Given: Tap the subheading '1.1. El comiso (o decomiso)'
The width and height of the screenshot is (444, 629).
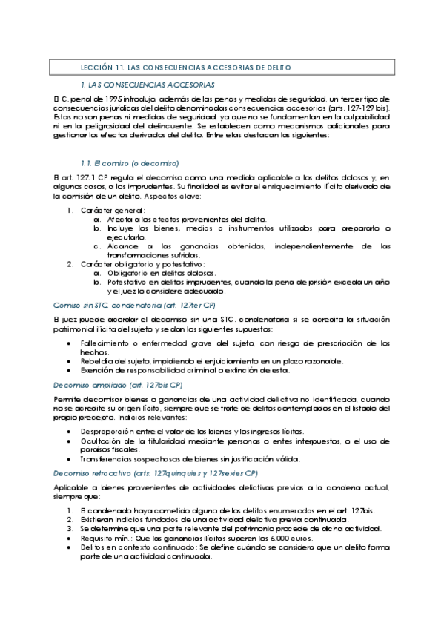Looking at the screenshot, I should coord(130,162).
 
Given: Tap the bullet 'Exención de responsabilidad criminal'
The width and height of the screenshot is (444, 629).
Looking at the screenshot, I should coord(175,369).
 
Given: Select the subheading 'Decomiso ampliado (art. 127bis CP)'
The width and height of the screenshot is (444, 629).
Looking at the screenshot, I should coord(118,385).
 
